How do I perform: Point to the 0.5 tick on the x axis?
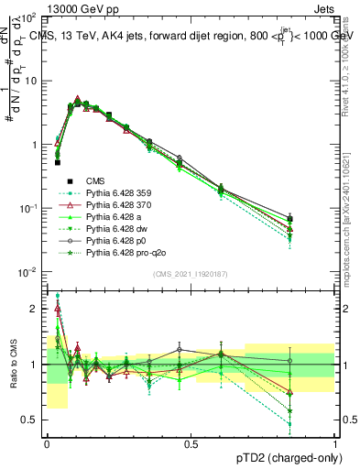pyautogui.click(x=191, y=444)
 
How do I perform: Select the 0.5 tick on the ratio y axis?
pyautogui.click(x=31, y=420)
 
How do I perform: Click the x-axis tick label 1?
pyautogui.click(x=336, y=444)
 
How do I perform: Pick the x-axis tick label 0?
pyautogui.click(x=47, y=444)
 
